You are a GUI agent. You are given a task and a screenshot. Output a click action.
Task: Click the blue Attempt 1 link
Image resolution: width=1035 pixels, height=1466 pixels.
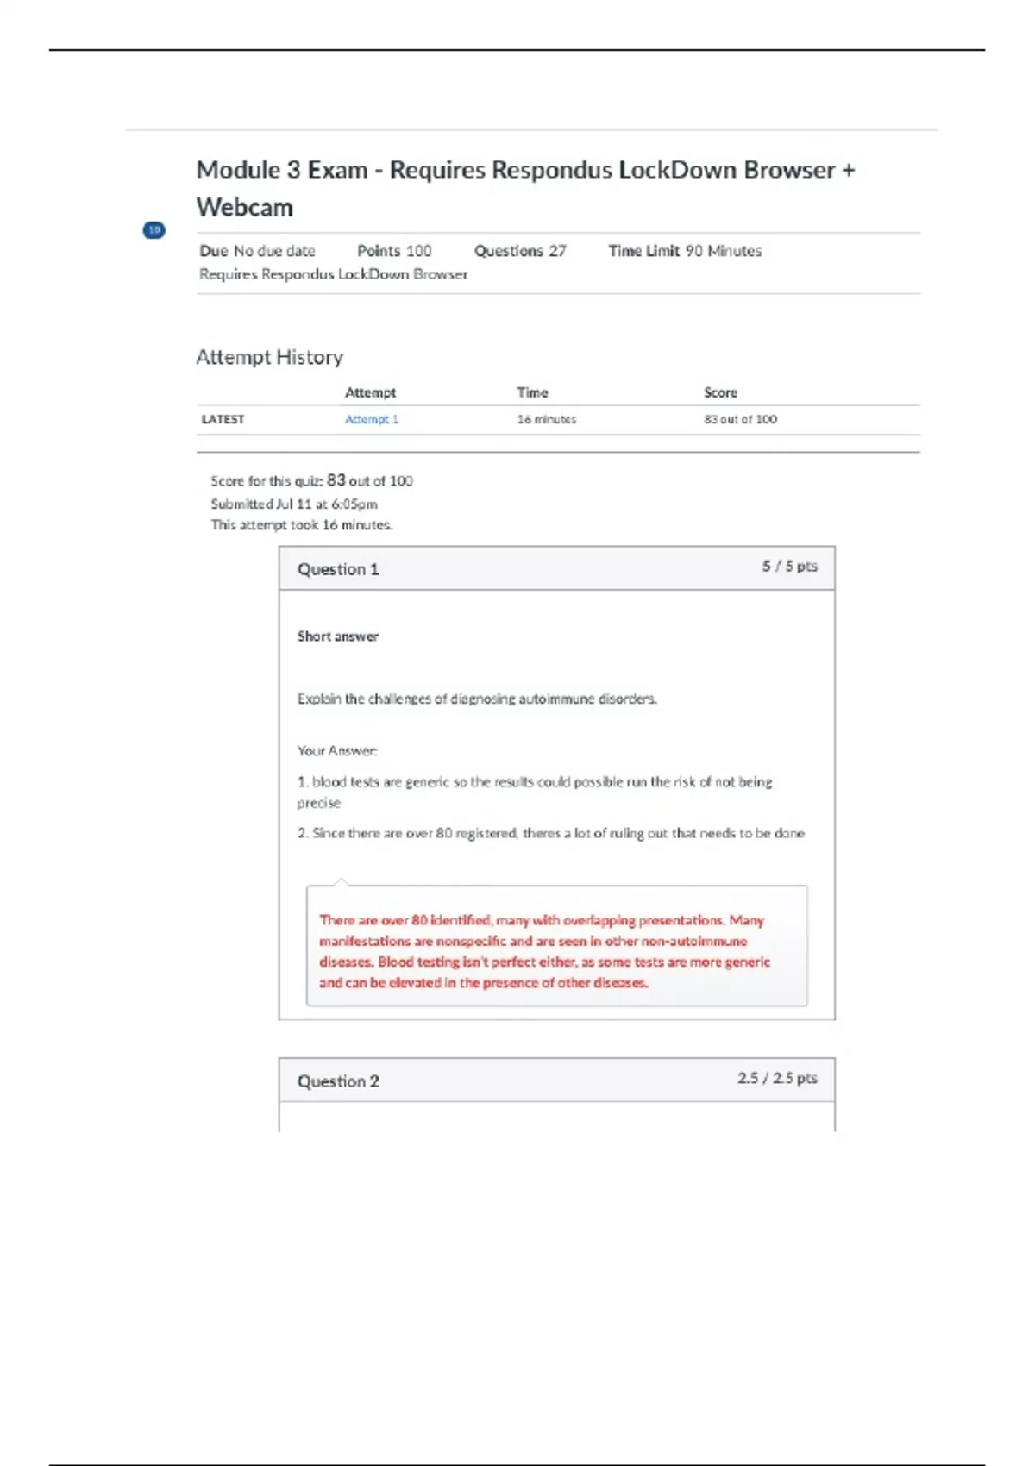pos(371,419)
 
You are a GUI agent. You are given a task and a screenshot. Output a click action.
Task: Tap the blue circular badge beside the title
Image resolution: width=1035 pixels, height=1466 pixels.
pos(154,230)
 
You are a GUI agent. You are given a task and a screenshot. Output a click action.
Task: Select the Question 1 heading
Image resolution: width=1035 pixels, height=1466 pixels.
pos(338,569)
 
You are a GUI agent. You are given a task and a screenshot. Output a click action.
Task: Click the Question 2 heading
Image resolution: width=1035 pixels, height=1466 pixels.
pos(338,1081)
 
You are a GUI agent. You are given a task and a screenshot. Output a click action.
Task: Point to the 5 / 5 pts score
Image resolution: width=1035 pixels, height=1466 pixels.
pos(789,567)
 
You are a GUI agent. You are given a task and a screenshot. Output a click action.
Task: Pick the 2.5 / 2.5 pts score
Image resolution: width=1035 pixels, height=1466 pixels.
pos(777,1078)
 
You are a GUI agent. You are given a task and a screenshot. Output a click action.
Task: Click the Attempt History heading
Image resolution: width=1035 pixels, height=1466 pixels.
pos(269,357)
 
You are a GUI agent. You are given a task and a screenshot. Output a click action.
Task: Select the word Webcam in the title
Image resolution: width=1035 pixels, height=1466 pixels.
pos(245,208)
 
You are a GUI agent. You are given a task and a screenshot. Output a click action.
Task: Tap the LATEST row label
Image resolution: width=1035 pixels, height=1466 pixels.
pos(223,419)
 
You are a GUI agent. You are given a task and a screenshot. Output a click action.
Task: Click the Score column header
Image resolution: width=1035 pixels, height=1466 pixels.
pos(720,392)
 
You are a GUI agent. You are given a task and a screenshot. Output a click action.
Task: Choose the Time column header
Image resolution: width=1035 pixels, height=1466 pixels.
pos(532,392)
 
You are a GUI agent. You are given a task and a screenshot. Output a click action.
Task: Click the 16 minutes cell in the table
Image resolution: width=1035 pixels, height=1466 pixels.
pos(546,419)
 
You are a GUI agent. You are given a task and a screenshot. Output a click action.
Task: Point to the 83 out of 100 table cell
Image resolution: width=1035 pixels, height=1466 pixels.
pos(740,419)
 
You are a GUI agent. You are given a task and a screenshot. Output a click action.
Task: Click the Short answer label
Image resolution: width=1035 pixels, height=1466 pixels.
pos(338,636)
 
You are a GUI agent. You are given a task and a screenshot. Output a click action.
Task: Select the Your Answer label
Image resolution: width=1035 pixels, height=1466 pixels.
pos(337,751)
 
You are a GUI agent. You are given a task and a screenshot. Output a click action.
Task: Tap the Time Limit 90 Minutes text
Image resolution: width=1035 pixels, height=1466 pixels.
pos(685,251)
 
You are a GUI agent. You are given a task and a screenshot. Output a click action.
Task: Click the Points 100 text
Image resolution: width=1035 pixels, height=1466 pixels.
pos(394,251)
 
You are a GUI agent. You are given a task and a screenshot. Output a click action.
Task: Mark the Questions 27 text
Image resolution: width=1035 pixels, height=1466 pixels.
pos(520,251)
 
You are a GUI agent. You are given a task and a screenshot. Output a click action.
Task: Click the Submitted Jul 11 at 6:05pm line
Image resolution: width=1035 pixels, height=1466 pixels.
pos(294,504)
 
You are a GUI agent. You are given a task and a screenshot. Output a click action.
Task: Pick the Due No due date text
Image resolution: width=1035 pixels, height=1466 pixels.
pos(257,251)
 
